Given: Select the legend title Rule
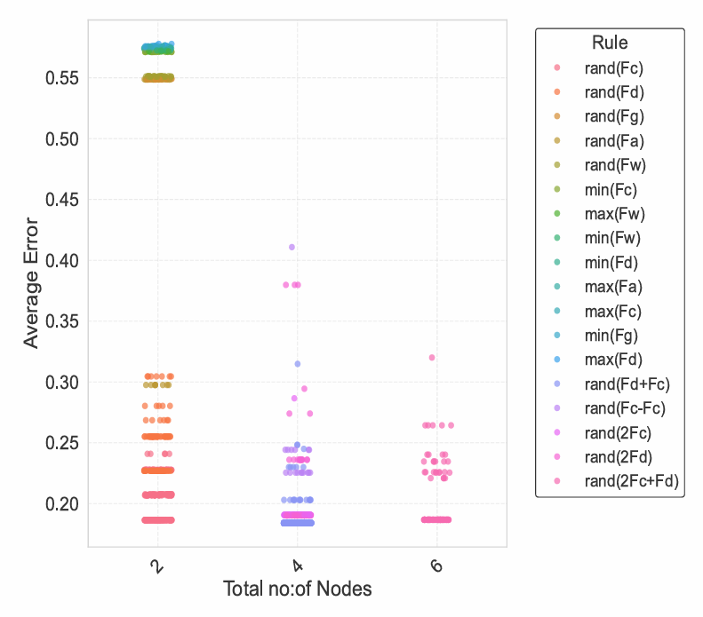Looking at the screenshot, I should pyautogui.click(x=610, y=43).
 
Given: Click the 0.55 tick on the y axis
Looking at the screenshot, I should pyautogui.click(x=63, y=78).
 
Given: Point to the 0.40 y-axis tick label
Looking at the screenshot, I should pyautogui.click(x=63, y=261).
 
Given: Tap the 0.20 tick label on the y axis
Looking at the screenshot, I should pyautogui.click(x=63, y=504).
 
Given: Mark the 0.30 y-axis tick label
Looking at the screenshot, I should pyautogui.click(x=63, y=383).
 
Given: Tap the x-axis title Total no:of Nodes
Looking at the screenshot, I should pyautogui.click(x=297, y=589).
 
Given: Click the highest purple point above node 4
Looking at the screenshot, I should pyautogui.click(x=292, y=247).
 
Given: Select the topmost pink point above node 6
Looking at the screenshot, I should pyautogui.click(x=432, y=358).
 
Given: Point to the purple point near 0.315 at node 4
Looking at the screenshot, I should pyautogui.click(x=298, y=364).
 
